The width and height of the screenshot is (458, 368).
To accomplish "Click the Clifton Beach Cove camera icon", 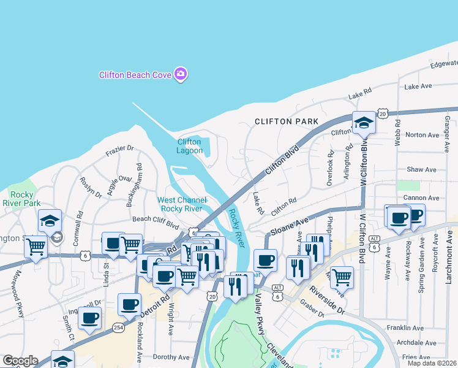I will click(180, 74).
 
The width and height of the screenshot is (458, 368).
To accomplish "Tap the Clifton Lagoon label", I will click(189, 146).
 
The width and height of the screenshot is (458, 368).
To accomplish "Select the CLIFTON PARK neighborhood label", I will click(285, 121).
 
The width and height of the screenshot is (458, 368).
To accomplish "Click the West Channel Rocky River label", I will click(180, 204).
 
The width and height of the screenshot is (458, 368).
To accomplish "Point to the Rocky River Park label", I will click(21, 199).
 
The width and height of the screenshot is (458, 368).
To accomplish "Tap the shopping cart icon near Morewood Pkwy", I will click(36, 247).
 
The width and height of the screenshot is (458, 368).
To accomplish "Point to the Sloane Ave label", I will click(295, 225).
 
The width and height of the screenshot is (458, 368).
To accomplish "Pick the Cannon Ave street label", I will click(425, 198).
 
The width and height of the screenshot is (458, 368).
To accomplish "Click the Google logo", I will click(20, 361).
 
